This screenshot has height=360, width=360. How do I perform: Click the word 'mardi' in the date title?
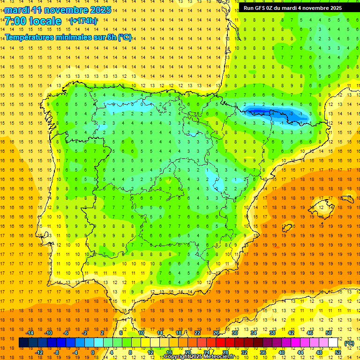pos(15,10)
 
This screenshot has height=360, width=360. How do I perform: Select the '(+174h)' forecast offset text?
pos(83,21)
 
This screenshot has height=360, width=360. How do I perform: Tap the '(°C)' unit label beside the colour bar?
pos(349,343)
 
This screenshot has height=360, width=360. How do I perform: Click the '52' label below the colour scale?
pos(338,352)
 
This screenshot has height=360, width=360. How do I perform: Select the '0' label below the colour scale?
pos(92,352)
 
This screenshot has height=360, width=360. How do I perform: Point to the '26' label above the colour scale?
pos(216,333)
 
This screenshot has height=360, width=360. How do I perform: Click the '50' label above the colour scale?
pos(329,333)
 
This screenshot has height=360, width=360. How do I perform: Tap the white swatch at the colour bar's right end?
pos(333,343)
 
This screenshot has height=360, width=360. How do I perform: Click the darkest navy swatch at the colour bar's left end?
pos(24,343)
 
